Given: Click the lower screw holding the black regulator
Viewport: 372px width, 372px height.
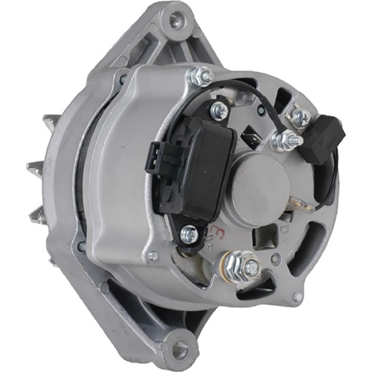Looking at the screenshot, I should click(189, 233).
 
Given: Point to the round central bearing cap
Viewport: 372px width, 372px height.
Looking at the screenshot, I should click(263, 178).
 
